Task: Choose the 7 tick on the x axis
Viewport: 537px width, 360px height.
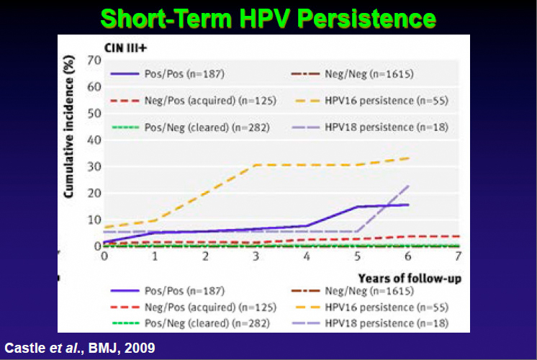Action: pos(459,256)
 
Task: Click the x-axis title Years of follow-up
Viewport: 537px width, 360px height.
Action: pos(412,276)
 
